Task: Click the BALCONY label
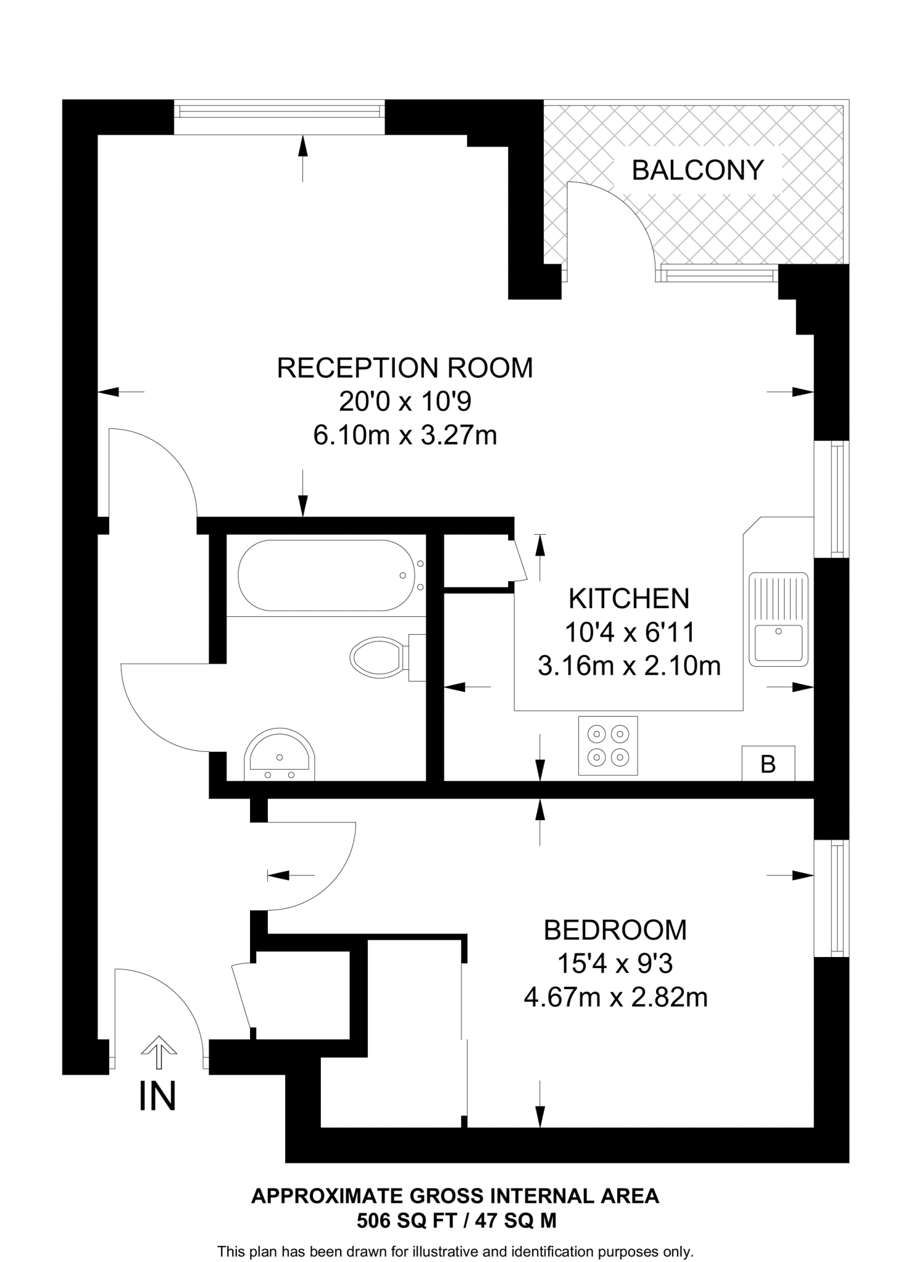[x=698, y=170]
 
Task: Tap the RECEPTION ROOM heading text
[x=405, y=368]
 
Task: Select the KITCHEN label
[x=629, y=599]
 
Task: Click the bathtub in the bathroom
[x=326, y=576]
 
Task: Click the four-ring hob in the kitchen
[x=608, y=746]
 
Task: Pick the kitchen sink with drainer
[x=779, y=619]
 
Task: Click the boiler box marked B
[x=768, y=763]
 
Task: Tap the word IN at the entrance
[x=158, y=1096]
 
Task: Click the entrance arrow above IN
[x=159, y=1052]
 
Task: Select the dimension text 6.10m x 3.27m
[x=405, y=436]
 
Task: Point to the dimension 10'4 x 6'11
[x=630, y=632]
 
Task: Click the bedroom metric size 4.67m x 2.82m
[x=615, y=997]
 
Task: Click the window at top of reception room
[x=279, y=110]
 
